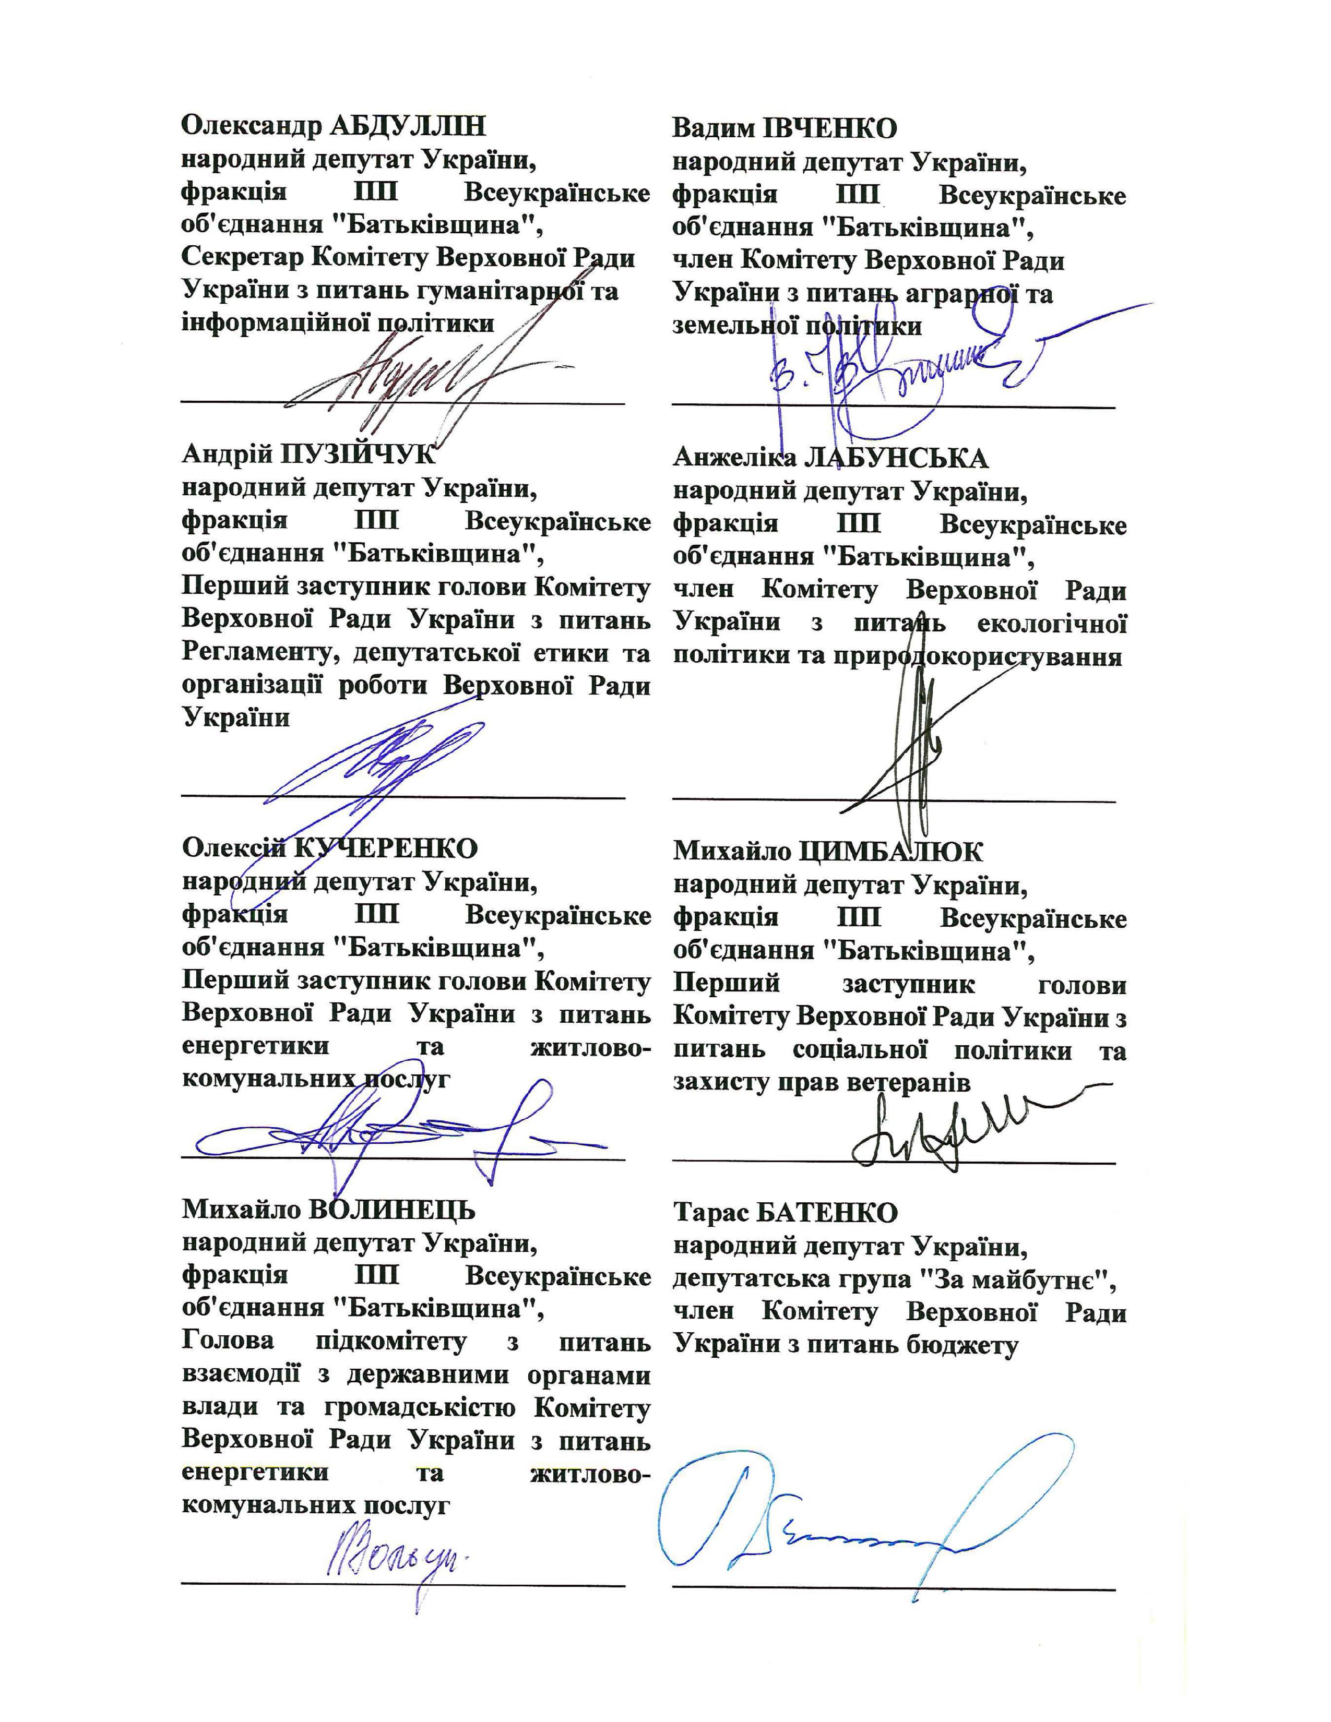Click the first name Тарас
point(709,1213)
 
